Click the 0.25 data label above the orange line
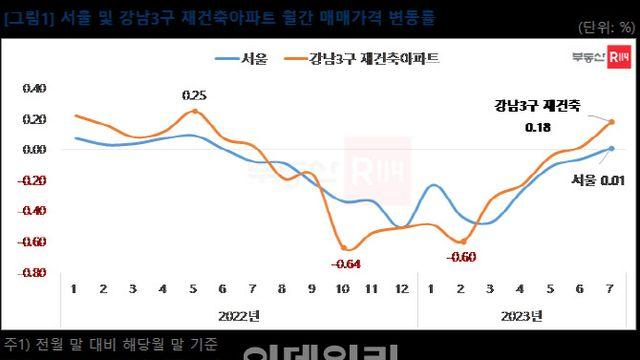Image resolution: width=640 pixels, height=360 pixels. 194,96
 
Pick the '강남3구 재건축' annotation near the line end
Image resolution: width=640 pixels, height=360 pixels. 537,105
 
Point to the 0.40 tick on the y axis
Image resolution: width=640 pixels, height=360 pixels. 34,88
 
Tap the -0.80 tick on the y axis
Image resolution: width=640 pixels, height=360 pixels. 32,272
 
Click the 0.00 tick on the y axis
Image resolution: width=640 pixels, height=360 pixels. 34,149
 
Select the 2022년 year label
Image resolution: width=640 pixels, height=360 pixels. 238,316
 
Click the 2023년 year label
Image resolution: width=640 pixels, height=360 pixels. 521,316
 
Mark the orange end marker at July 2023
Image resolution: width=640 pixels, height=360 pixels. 611,122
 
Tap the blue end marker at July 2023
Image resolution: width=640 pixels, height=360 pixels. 611,148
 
